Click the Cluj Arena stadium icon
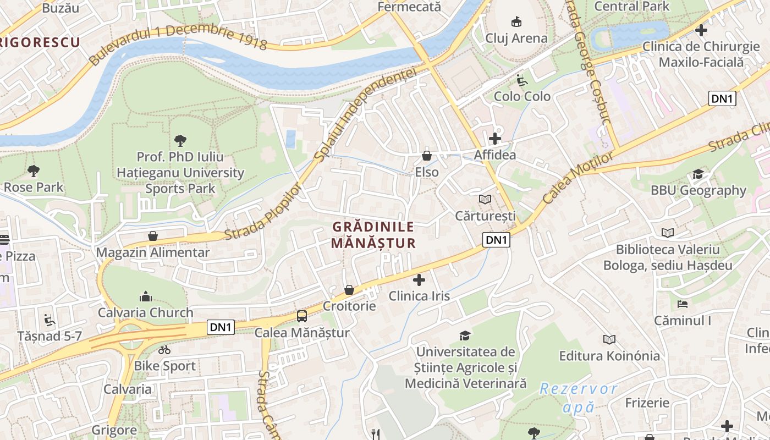516,22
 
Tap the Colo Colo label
522,96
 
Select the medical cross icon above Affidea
495,139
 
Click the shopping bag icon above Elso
426,156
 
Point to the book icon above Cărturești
485,199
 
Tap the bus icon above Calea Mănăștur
302,316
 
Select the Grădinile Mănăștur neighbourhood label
373,235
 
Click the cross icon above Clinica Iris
419,280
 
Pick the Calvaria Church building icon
146,297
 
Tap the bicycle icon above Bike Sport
164,350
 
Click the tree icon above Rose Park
34,171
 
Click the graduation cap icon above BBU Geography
698,174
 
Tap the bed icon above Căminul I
683,304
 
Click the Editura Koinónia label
609,356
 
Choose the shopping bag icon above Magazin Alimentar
153,237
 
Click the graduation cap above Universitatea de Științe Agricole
465,335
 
